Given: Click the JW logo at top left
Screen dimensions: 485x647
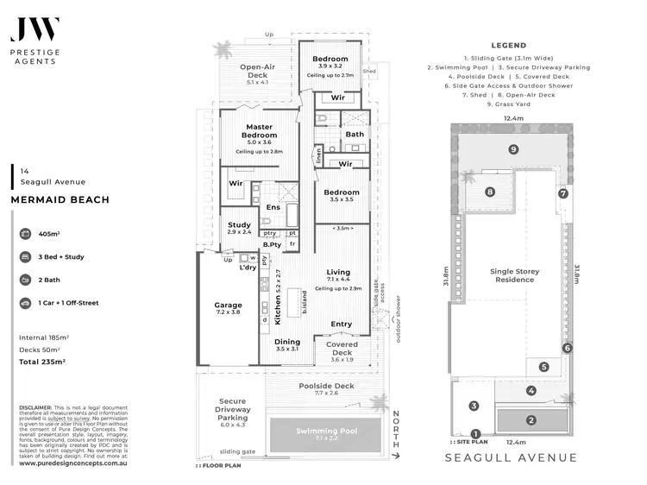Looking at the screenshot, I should pos(35,28).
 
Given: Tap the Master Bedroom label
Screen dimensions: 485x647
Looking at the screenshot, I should pos(259,131).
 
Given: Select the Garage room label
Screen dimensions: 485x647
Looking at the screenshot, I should pos(228,305).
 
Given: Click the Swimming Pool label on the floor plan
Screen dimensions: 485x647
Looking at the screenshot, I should pos(328,431).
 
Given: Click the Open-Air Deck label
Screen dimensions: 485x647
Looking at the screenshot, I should pos(258,66).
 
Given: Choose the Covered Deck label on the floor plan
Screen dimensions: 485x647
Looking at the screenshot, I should pos(341,348).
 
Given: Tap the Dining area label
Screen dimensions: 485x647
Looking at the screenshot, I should pos(287,342).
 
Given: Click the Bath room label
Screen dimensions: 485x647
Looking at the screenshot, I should pos(355,135).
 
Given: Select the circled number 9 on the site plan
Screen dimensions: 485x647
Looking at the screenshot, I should pos(513,149).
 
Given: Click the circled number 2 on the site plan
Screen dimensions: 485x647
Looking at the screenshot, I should pos(531,420).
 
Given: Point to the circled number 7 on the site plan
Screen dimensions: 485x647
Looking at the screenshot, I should pos(562,193).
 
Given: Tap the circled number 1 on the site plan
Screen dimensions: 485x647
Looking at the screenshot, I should pos(475,433).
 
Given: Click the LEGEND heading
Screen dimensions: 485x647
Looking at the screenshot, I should pos(508,46).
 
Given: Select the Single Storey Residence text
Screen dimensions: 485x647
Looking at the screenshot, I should pos(515,275).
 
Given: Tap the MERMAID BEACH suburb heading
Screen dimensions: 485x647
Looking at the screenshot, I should pos(60,200).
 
